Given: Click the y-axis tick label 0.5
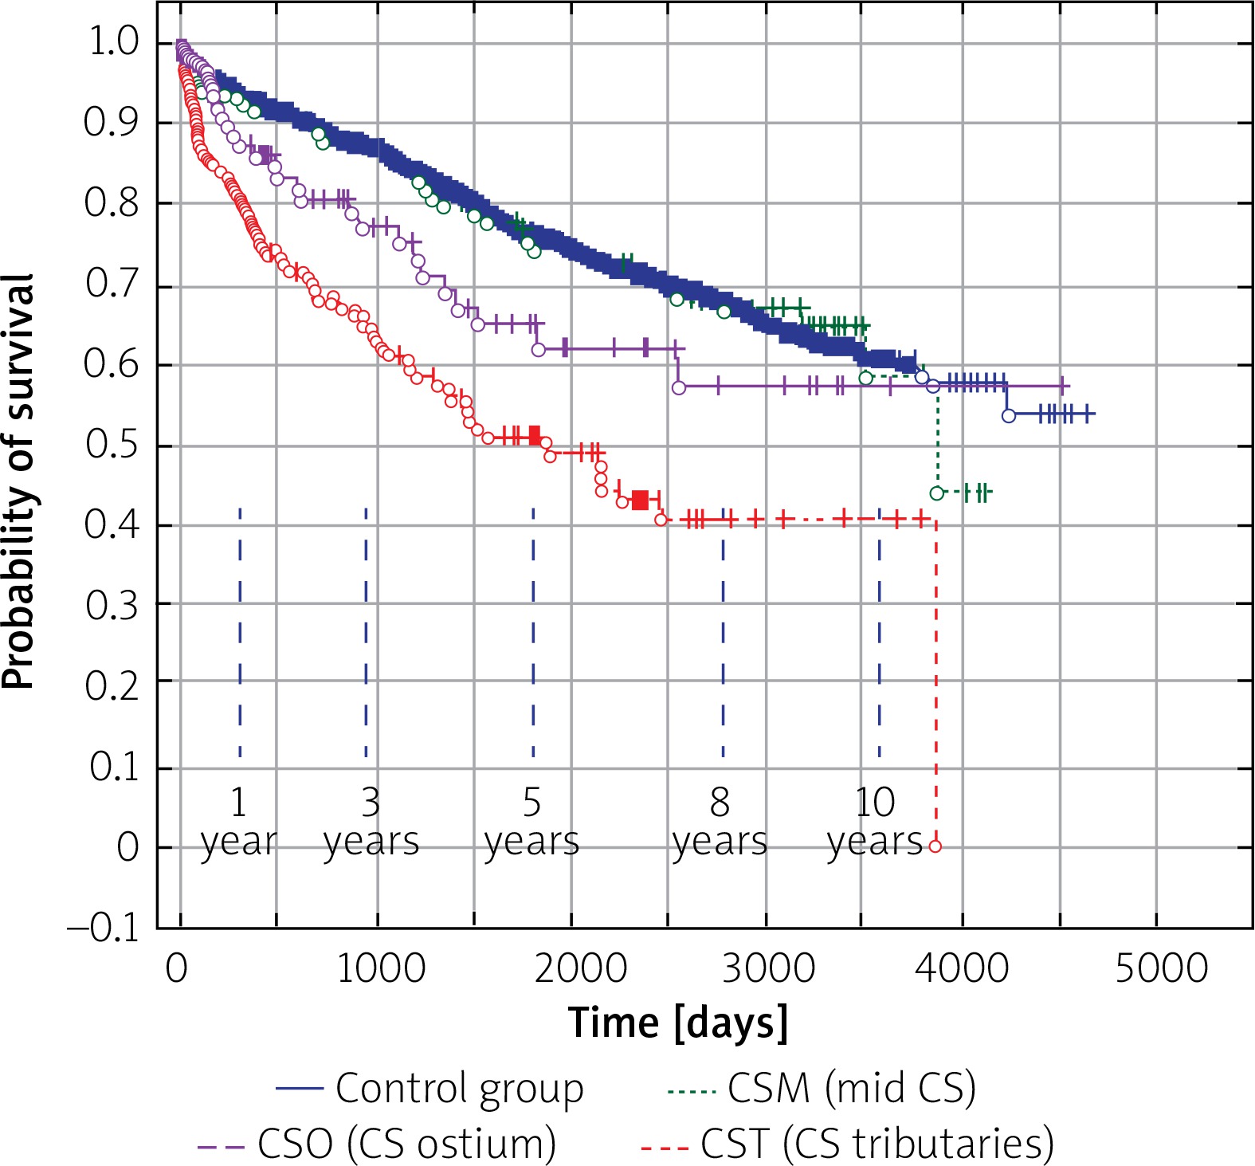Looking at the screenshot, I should pos(112,444).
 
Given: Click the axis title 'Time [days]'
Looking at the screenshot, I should pos(678,1023).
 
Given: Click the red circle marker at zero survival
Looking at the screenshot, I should pos(935,846).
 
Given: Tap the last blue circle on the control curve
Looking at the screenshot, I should pos(1009,415).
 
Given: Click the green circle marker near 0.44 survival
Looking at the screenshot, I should pos(937,493).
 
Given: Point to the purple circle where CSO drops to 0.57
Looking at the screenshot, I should pos(679,388).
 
